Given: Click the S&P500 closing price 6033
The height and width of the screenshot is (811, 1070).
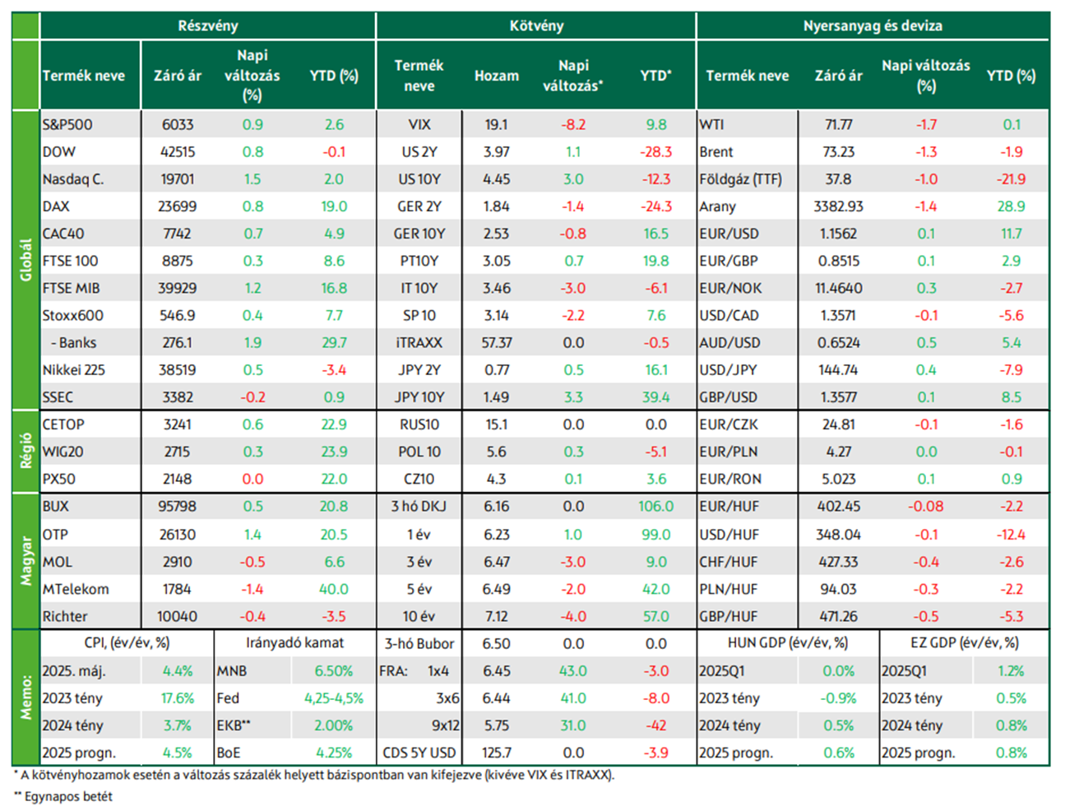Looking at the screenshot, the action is click(178, 125).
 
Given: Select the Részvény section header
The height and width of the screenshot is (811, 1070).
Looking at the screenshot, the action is click(208, 25).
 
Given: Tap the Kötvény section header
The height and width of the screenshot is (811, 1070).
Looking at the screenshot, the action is click(536, 25).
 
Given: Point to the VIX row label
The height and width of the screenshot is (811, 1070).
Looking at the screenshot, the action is click(419, 125).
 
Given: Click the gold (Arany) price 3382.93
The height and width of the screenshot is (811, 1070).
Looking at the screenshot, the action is click(838, 206).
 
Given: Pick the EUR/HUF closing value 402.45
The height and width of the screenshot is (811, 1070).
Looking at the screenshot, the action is click(838, 507).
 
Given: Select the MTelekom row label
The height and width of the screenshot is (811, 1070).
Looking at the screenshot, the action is click(76, 589).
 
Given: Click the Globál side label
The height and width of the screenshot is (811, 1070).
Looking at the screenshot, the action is click(25, 260).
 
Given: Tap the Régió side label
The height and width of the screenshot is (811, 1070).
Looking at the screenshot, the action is click(25, 451).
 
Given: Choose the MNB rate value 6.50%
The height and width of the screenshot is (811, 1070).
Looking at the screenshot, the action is click(333, 671).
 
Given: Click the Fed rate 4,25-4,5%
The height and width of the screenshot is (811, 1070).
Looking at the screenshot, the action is click(334, 698).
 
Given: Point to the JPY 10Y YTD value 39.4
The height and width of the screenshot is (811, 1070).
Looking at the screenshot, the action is click(655, 397).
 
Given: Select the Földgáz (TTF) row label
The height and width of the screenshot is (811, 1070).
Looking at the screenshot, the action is click(740, 179).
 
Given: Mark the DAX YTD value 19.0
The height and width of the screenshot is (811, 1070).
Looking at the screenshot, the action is click(334, 206).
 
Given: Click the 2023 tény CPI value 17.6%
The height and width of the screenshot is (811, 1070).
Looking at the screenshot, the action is click(178, 698).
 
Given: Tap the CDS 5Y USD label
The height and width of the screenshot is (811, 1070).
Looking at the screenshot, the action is click(419, 753).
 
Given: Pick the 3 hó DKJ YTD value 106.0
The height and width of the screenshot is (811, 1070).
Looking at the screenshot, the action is click(655, 507).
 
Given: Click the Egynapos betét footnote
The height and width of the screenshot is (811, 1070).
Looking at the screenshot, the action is click(63, 796).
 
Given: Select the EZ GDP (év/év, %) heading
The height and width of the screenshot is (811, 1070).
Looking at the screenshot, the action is click(964, 643).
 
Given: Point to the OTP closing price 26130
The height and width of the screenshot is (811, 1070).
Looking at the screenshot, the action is click(178, 535).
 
